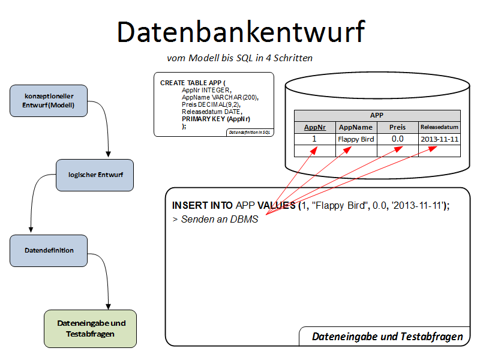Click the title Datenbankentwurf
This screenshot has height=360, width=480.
pos(240,31)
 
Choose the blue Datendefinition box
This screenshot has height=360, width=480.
pos(49,250)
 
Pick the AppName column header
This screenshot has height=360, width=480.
pos(356,127)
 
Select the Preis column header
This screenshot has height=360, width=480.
pos(397,127)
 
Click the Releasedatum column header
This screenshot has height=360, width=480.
pos(439,127)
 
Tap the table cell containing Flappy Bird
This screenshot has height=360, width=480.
pos(356,139)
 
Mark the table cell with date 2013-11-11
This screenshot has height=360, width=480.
pos(439,139)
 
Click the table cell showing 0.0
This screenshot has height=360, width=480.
pos(397,139)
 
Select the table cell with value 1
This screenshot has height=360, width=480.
pos(314,139)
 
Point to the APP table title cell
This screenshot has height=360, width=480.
pos(377,116)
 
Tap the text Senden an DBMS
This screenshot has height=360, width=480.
pos(219,219)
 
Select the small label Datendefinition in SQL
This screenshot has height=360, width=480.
pos(250,132)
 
